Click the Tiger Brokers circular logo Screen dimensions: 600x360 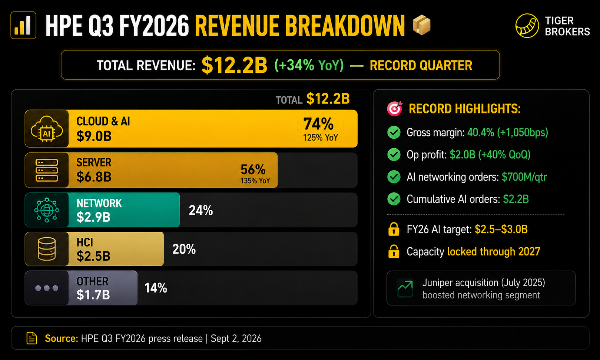[x=527, y=26]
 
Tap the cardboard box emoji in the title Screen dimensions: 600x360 [x=422, y=25]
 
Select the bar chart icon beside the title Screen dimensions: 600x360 [x=23, y=25]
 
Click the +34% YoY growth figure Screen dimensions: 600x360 [x=309, y=65]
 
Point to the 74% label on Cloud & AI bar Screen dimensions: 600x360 [x=318, y=124]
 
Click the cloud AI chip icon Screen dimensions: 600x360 [x=47, y=129]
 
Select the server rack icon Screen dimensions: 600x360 [x=47, y=170]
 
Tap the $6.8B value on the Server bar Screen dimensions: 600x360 [x=94, y=176]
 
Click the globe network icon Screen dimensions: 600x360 [x=47, y=210]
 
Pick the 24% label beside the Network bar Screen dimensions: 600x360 [x=200, y=211]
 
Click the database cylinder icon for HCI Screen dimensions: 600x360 [x=47, y=249]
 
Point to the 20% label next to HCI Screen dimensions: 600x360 [x=184, y=249]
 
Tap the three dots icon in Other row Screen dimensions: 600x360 [x=47, y=288]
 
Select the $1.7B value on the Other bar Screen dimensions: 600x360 [x=93, y=295]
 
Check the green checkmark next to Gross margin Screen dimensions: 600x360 [x=394, y=132]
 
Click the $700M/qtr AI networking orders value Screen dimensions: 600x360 [x=524, y=177]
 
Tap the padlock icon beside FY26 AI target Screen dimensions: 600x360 [x=394, y=229]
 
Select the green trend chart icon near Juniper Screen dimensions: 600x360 [x=405, y=288]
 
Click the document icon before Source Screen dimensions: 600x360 [x=32, y=338]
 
